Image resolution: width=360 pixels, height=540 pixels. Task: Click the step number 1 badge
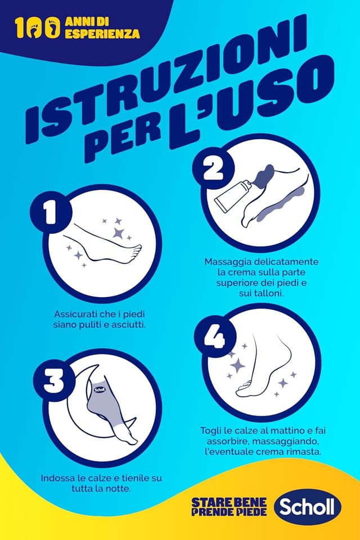tap(51, 212)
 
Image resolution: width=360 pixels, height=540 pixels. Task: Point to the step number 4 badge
tap(215, 336)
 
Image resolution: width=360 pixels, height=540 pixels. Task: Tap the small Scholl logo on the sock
tap(100, 389)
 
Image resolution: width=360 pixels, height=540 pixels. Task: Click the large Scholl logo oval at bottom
tap(307, 507)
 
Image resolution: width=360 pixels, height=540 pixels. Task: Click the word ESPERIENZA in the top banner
tap(102, 33)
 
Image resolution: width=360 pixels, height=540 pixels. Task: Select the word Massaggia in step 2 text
tap(228, 262)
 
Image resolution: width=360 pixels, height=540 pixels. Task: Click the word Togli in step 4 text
tap(210, 431)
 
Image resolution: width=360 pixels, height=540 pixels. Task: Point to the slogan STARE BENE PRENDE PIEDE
tap(229, 507)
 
